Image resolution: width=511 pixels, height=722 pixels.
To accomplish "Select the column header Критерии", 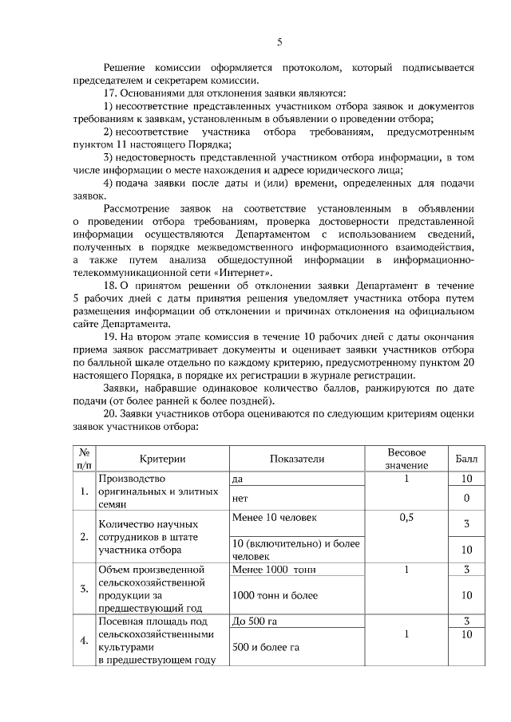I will (161, 459).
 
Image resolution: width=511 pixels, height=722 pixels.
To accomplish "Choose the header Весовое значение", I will (406, 459).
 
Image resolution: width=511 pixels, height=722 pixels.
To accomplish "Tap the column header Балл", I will (466, 459).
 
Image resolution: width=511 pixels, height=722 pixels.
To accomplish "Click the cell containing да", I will (237, 479).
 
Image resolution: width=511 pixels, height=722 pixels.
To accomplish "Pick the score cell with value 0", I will (466, 498).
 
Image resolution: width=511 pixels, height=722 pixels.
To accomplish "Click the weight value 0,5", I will (406, 518).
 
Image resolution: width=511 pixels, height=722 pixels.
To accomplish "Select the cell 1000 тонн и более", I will (271, 596).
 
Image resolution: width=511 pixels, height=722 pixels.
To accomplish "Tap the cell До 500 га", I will (255, 621).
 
